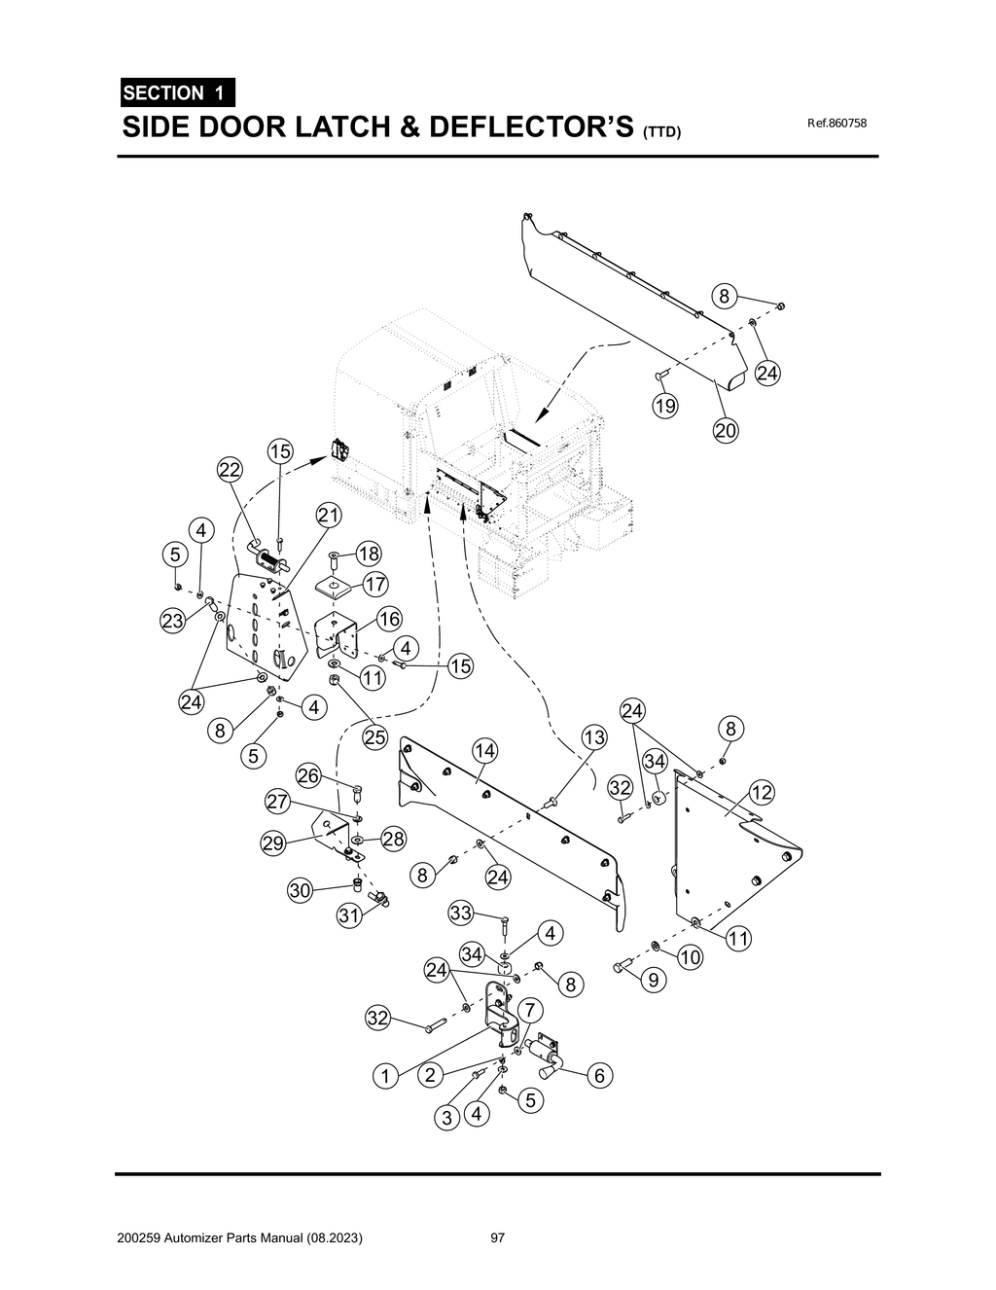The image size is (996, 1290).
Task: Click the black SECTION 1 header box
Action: (175, 93)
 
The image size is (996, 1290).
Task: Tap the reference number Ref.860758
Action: (836, 124)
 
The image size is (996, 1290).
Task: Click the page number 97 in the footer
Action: (498, 1238)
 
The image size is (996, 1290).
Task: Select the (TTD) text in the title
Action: (662, 131)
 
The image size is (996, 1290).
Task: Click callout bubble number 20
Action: (726, 429)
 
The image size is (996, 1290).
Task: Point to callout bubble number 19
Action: (665, 406)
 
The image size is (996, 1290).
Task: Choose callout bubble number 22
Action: (230, 470)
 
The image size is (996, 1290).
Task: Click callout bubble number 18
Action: (369, 554)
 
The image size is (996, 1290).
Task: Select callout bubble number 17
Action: (375, 584)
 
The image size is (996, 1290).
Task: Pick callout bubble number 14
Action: (484, 750)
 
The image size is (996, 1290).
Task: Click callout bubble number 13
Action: (594, 737)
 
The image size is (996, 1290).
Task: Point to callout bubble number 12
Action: (762, 793)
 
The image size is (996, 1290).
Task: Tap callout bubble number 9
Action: (652, 981)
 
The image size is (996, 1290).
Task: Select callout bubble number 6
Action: (599, 1075)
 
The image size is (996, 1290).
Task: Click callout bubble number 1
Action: (385, 1076)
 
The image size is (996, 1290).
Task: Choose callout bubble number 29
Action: (273, 843)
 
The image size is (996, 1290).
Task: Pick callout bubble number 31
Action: (349, 914)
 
